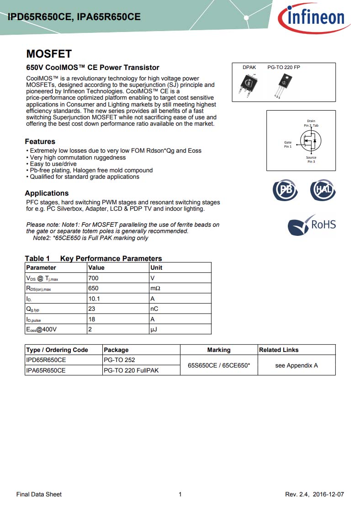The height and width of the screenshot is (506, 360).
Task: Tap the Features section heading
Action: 40,142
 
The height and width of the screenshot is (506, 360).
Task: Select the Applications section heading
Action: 47,193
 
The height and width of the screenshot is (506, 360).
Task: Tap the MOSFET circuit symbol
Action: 311,140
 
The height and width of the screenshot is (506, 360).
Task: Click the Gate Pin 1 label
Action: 288,144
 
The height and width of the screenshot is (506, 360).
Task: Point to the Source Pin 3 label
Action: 311,160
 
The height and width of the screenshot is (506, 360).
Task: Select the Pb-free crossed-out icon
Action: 285,190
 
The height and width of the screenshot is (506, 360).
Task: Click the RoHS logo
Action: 312,225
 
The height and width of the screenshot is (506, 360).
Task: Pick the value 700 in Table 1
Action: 93,278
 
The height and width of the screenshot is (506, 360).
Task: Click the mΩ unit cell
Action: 155,288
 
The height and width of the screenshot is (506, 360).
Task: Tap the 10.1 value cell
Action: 94,298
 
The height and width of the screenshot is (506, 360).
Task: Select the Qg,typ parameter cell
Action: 33,309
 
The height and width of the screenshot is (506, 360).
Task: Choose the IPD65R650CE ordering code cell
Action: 46,360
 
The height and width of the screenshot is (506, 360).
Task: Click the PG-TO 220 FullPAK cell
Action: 131,370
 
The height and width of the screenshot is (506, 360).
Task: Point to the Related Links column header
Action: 279,350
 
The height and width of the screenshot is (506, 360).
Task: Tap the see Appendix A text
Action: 296,365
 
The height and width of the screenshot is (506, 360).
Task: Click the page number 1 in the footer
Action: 180,494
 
